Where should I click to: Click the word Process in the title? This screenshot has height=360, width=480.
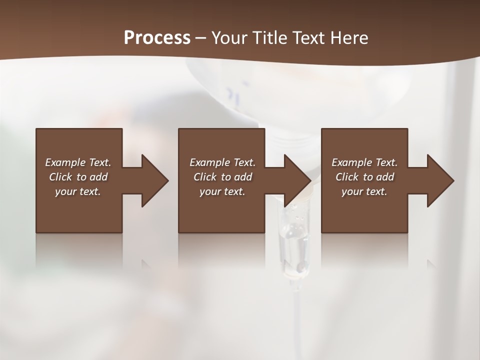tap(157, 37)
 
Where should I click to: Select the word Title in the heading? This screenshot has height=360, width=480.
tap(272, 38)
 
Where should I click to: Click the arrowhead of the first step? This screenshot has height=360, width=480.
tap(154, 180)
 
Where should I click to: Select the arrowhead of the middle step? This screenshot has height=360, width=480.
tap(297, 180)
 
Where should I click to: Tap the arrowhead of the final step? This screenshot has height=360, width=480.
tap(440, 180)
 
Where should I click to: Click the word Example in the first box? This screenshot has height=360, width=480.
tap(65, 162)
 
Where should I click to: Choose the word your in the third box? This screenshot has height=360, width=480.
tap(352, 191)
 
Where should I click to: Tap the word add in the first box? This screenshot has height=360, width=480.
tap(98, 177)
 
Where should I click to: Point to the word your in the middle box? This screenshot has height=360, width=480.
tap(210, 191)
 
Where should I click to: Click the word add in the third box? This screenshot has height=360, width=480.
tap(385, 177)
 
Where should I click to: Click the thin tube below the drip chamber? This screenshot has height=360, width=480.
tap(296, 320)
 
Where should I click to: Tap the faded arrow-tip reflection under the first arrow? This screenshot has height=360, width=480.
tap(146, 263)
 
